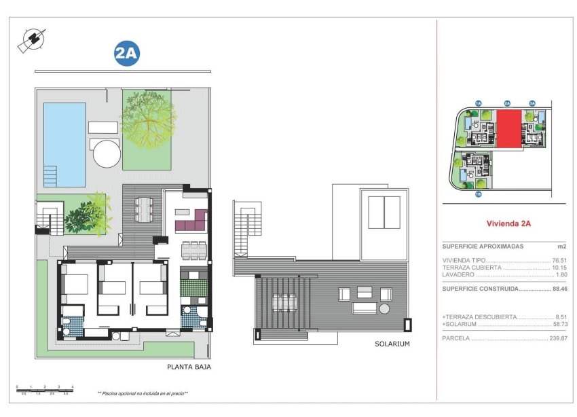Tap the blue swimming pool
(x=64, y=144)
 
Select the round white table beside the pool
(x=106, y=153)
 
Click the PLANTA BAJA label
(x=189, y=367)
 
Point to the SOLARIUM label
(x=392, y=344)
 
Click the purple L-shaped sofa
(x=191, y=221)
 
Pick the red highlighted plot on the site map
(x=509, y=128)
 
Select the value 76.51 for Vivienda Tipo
(x=559, y=260)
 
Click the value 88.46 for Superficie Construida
(x=559, y=289)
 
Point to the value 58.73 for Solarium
(x=559, y=325)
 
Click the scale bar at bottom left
(x=44, y=388)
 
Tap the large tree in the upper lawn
(x=149, y=122)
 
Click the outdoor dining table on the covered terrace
(x=144, y=208)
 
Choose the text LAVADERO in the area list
(x=459, y=274)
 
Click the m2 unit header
(x=561, y=247)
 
